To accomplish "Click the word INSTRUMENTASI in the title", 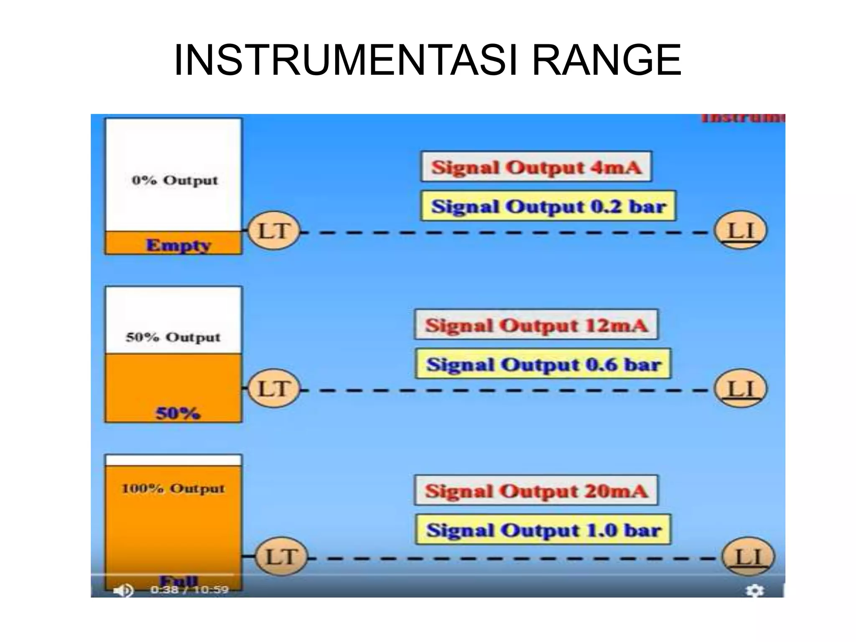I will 346,61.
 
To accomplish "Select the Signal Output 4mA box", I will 536,167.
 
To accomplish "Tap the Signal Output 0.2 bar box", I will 548,206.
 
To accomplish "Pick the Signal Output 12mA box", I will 536,325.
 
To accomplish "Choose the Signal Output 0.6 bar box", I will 543,364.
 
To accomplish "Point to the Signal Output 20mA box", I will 536,490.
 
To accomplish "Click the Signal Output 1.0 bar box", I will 543,530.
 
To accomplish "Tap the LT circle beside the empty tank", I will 274,231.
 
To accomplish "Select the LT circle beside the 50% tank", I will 274,389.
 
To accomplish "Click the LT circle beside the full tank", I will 281,557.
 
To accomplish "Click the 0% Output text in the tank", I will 175,181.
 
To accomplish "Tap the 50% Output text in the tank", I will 173,337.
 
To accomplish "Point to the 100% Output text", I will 173,488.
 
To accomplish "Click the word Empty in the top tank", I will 178,245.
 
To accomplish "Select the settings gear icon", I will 755,591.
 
